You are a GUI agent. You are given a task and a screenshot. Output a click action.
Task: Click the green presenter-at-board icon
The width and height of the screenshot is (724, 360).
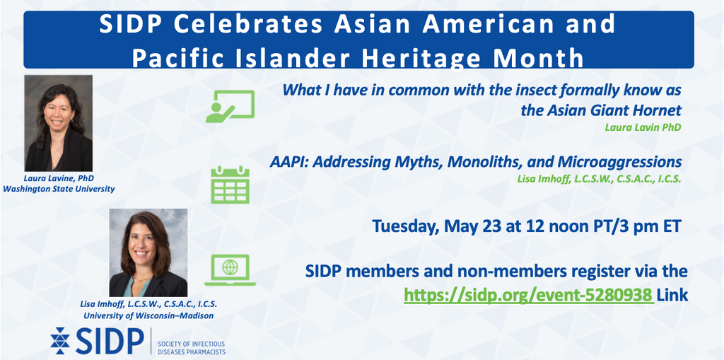230,106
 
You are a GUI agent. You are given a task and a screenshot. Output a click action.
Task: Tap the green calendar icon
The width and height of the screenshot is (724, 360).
230,185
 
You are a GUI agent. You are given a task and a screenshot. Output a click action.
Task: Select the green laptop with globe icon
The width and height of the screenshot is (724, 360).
230,270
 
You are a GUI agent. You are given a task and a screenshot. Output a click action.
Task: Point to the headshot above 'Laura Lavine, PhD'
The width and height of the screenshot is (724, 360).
59,123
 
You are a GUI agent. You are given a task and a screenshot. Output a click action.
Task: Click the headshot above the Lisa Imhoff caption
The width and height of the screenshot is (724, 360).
148,252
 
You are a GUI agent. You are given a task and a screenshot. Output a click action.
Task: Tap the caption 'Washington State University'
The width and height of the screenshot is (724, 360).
59,189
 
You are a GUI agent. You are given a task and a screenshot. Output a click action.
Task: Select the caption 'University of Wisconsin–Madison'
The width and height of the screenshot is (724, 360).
148,316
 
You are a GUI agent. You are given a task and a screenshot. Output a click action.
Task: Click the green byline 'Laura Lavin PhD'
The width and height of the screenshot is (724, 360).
643,127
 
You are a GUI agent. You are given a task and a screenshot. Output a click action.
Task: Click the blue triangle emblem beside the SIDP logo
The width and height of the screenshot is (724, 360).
60,341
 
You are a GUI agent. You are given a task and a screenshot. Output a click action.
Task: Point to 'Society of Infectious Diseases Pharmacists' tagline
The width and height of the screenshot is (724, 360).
191,348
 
